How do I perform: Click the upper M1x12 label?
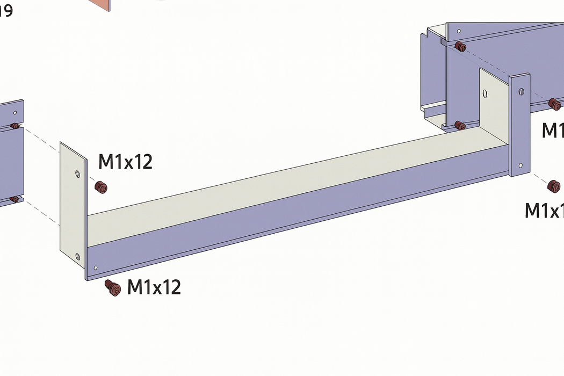[x=125, y=161]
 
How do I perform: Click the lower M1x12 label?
[x=154, y=287]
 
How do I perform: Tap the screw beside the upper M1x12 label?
[x=100, y=187]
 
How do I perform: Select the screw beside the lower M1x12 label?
[x=112, y=287]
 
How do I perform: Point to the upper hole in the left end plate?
[x=76, y=173]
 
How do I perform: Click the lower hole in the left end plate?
[x=78, y=256]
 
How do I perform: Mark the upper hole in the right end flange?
[x=521, y=92]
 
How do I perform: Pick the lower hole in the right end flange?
[x=520, y=165]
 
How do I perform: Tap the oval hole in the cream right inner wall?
[x=485, y=94]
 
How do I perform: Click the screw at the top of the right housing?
[x=460, y=47]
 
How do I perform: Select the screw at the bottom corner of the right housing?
[x=460, y=126]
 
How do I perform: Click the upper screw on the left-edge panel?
[x=15, y=126]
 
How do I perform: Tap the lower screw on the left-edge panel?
[x=15, y=199]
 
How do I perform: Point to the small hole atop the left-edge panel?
[x=16, y=113]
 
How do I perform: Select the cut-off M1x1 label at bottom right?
[x=544, y=211]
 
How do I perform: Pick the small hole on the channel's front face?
[x=96, y=267]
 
